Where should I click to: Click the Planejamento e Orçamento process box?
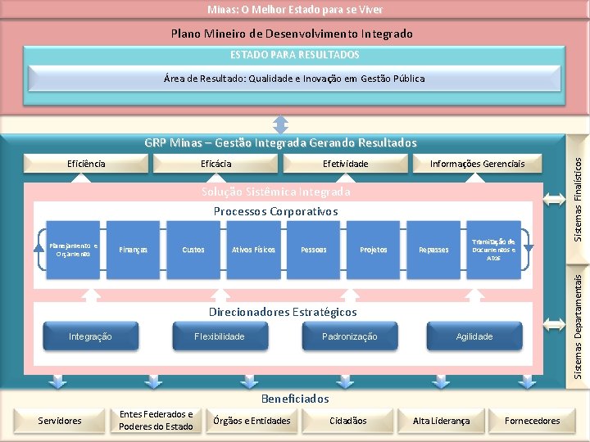pos(72,250)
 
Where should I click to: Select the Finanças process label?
pos(133,250)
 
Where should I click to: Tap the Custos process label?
pos(193,250)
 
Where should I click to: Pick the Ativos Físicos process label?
pos(253,250)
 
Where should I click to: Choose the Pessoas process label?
pos(314,250)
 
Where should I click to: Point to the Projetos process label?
pos(374,250)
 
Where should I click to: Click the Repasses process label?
pos(433,250)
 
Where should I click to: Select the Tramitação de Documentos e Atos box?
pos(493,250)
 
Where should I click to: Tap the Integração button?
pos(90,336)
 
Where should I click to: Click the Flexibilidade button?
pos(219,336)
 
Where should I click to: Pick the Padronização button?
pos(349,336)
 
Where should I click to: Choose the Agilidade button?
pos(474,336)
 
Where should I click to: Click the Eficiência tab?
pos(86,164)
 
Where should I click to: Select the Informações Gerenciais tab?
pos(478,164)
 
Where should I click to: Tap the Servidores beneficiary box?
pos(61,421)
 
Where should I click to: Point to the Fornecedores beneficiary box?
pos(533,421)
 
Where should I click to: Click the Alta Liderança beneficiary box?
pos(441,421)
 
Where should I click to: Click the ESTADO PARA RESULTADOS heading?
pos(294,55)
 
